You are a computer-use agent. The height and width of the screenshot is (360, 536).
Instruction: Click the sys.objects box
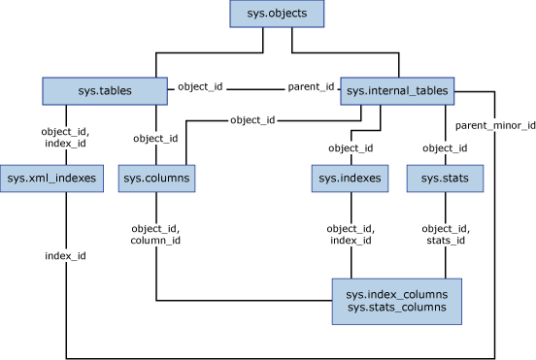(x=277, y=15)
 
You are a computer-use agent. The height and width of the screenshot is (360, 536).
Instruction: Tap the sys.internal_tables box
(x=397, y=92)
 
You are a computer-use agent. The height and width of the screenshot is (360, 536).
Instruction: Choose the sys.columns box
(x=157, y=178)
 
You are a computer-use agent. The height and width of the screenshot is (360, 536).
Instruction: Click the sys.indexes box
(x=352, y=178)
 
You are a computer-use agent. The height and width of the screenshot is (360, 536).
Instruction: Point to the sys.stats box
(x=445, y=178)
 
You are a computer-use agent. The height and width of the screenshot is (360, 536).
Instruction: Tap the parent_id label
(x=311, y=87)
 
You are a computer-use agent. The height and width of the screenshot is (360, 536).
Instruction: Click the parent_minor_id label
(x=495, y=125)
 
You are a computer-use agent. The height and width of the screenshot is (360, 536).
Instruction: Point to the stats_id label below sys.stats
(x=446, y=240)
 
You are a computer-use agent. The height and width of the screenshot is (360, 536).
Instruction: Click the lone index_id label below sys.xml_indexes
(x=65, y=255)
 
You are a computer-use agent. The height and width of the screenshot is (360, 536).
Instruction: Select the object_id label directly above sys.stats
(x=446, y=147)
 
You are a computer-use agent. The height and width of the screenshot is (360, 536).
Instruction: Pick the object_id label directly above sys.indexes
(x=352, y=147)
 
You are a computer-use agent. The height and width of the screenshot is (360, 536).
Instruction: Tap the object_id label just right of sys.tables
(x=200, y=87)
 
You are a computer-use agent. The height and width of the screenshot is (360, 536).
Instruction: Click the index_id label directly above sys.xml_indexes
(x=65, y=144)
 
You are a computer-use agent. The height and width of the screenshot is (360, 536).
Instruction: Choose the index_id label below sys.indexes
(x=352, y=240)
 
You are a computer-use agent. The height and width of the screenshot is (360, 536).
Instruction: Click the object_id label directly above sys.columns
(x=156, y=138)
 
